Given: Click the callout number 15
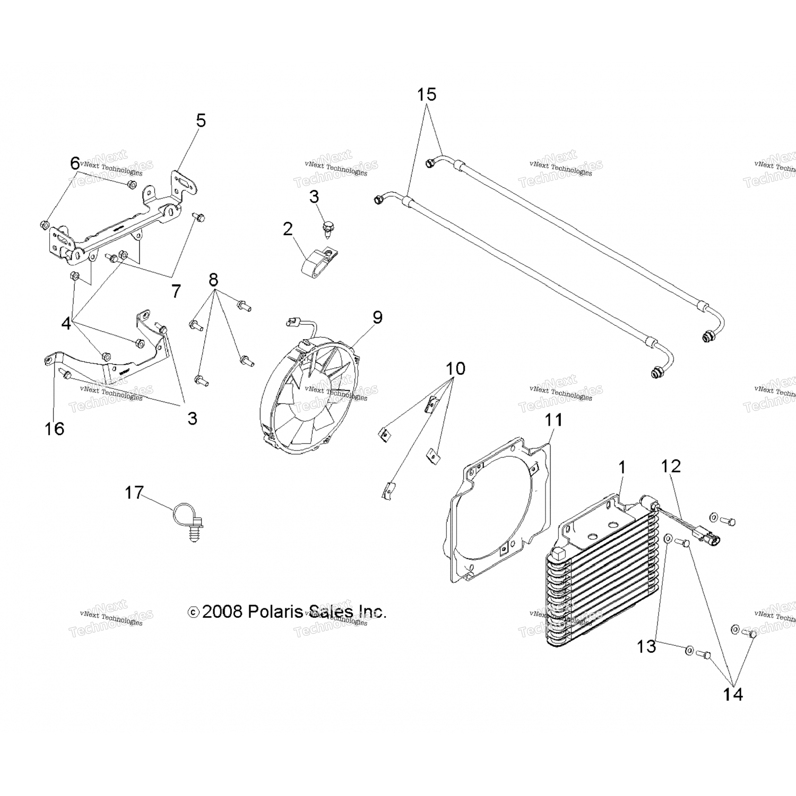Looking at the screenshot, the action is (x=426, y=94).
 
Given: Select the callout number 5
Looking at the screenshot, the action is (x=201, y=120).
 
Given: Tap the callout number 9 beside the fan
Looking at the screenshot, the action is (x=377, y=317).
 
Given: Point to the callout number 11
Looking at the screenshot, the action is (x=553, y=420).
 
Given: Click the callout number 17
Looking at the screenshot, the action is (x=134, y=492).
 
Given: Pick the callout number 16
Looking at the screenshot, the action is (x=54, y=428).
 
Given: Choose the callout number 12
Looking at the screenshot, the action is (x=671, y=466).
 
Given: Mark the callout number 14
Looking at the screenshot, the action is (x=733, y=694).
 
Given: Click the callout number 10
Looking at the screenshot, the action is (x=455, y=368).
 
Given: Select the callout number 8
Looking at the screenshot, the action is (x=213, y=279).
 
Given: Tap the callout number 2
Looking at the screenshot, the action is (x=288, y=229).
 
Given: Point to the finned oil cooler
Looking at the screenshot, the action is (x=602, y=573).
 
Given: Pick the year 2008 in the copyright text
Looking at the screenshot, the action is (x=222, y=612).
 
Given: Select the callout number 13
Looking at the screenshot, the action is (x=647, y=646).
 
